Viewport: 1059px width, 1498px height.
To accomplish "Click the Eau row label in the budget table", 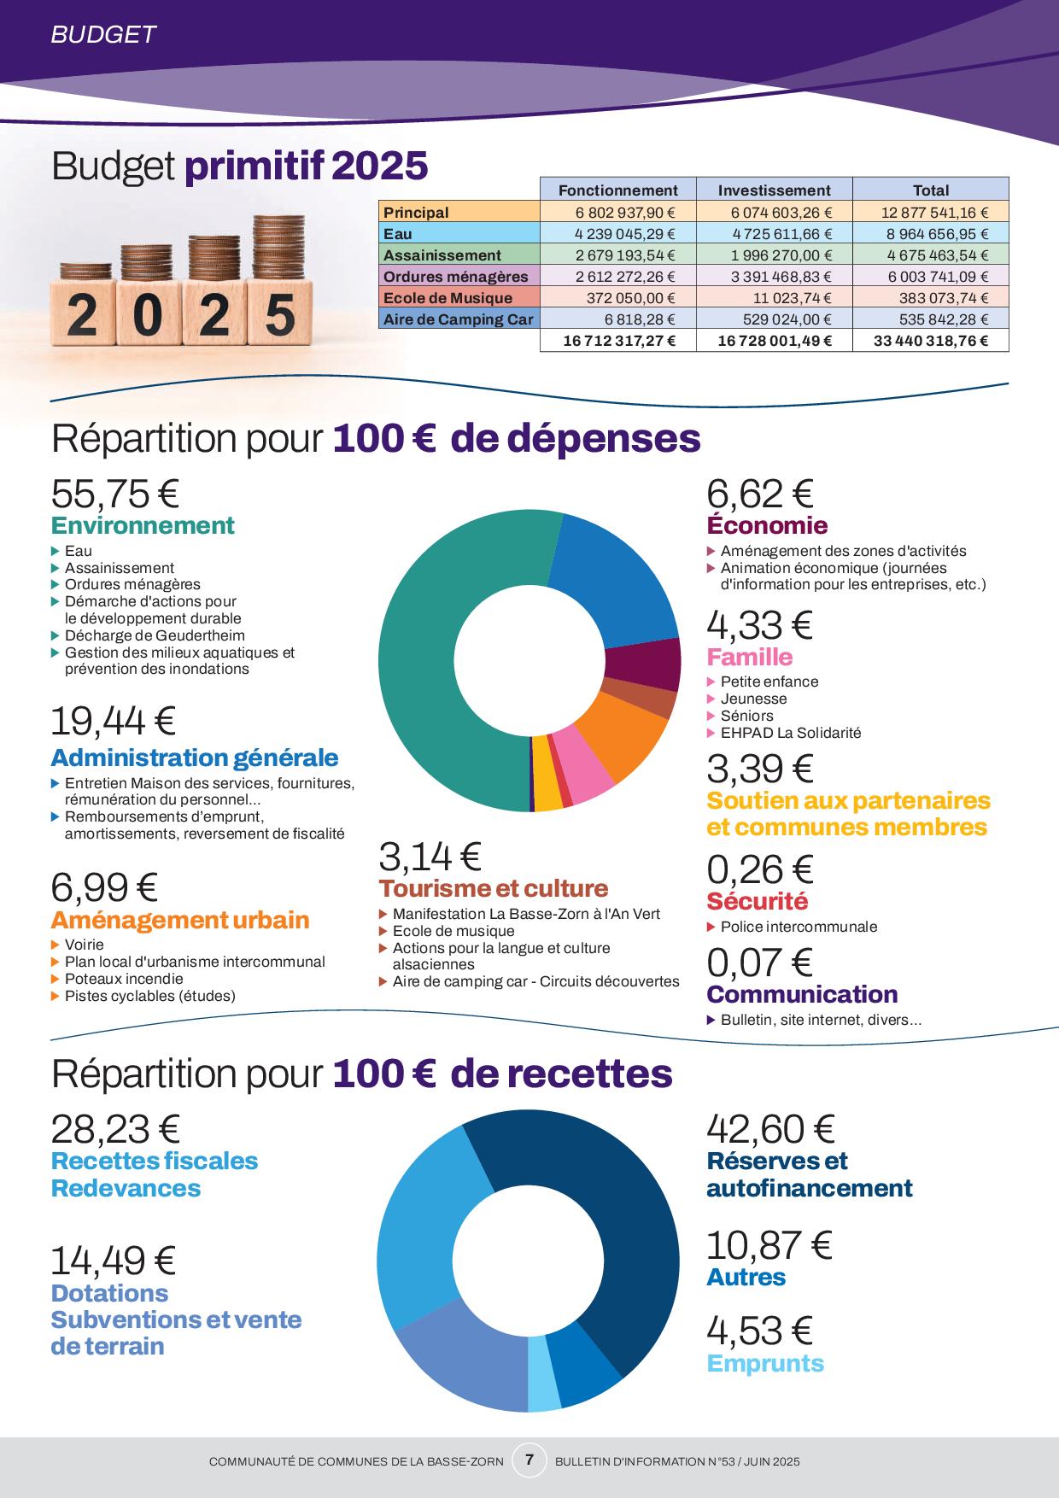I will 398,234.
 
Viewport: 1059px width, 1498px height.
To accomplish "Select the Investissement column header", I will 774,190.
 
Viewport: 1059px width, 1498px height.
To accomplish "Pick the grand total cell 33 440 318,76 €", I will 931,341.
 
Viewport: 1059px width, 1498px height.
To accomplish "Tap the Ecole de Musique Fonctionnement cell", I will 617,298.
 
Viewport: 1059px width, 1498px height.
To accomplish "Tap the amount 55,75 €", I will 115,494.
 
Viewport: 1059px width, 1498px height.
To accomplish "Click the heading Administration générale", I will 195,758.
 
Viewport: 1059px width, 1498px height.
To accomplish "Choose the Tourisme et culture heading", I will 494,888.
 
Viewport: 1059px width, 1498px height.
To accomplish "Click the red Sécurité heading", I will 757,901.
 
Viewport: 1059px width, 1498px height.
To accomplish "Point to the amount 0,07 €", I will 759,963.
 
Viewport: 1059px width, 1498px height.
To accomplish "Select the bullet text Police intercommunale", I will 799,927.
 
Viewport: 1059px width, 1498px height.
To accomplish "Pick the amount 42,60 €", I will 770,1129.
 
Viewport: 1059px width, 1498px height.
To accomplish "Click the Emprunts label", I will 765,1363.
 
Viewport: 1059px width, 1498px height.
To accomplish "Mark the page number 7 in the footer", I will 529,1460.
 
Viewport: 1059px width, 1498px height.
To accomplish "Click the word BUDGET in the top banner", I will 103,34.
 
